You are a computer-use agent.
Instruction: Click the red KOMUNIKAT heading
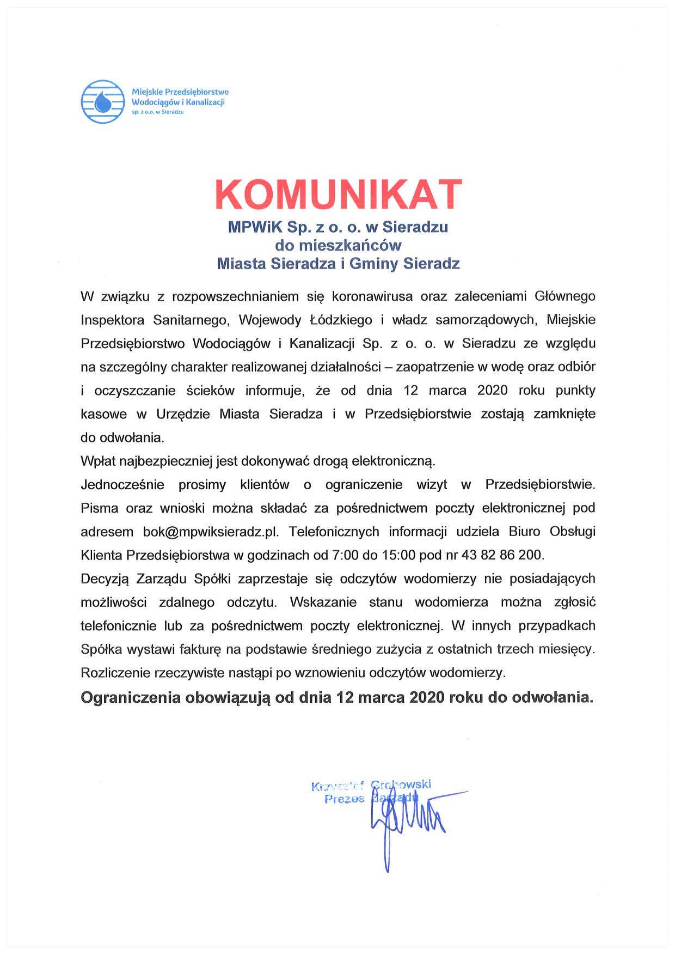pos(338,194)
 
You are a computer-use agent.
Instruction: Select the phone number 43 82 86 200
pos(502,555)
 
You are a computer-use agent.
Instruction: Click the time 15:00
pos(398,555)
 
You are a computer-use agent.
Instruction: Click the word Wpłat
pos(97,461)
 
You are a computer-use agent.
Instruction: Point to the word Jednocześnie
pos(122,484)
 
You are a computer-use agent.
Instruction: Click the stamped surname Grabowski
pos(401,784)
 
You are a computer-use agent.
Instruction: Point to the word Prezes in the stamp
pos(344,799)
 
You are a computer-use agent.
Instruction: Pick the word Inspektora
pos(113,320)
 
